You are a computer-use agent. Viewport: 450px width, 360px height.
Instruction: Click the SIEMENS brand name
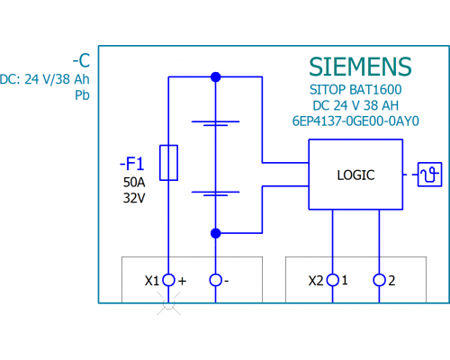(360, 67)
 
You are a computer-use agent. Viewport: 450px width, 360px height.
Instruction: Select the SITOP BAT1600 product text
(355, 90)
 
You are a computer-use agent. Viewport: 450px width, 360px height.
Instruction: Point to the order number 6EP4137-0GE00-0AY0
(355, 121)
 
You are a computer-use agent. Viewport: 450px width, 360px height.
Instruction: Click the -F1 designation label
(132, 164)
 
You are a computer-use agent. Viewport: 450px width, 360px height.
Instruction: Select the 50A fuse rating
(134, 182)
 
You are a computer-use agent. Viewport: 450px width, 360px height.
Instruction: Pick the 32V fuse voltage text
(134, 198)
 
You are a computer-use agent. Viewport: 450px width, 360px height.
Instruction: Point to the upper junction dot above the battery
(216, 77)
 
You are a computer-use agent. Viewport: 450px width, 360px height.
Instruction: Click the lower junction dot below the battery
(216, 233)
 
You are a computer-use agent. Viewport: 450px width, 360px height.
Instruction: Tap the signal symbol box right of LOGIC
(418, 175)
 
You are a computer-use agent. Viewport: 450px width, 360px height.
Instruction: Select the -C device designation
(81, 60)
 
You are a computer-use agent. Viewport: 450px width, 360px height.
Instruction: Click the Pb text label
(82, 95)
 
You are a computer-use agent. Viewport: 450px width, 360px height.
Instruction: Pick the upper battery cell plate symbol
(215, 123)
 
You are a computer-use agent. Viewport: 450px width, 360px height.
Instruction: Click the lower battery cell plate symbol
(215, 193)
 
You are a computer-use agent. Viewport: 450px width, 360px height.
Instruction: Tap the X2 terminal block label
(316, 281)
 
